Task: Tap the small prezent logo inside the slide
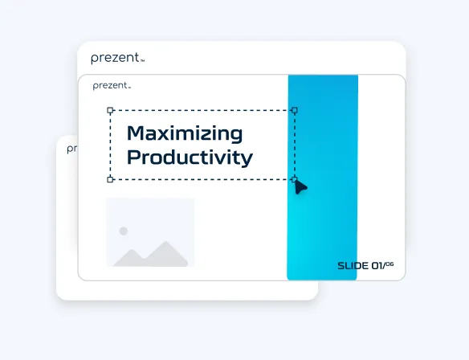110,85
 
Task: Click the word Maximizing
185,133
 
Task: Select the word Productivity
190,157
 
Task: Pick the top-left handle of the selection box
110,110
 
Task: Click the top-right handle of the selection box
294,110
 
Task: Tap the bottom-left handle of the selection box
110,179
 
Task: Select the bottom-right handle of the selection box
294,179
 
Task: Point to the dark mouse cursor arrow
300,187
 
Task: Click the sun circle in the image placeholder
123,231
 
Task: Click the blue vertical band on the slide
322,177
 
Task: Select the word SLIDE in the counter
352,266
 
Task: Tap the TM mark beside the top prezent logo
142,61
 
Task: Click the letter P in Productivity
134,157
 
